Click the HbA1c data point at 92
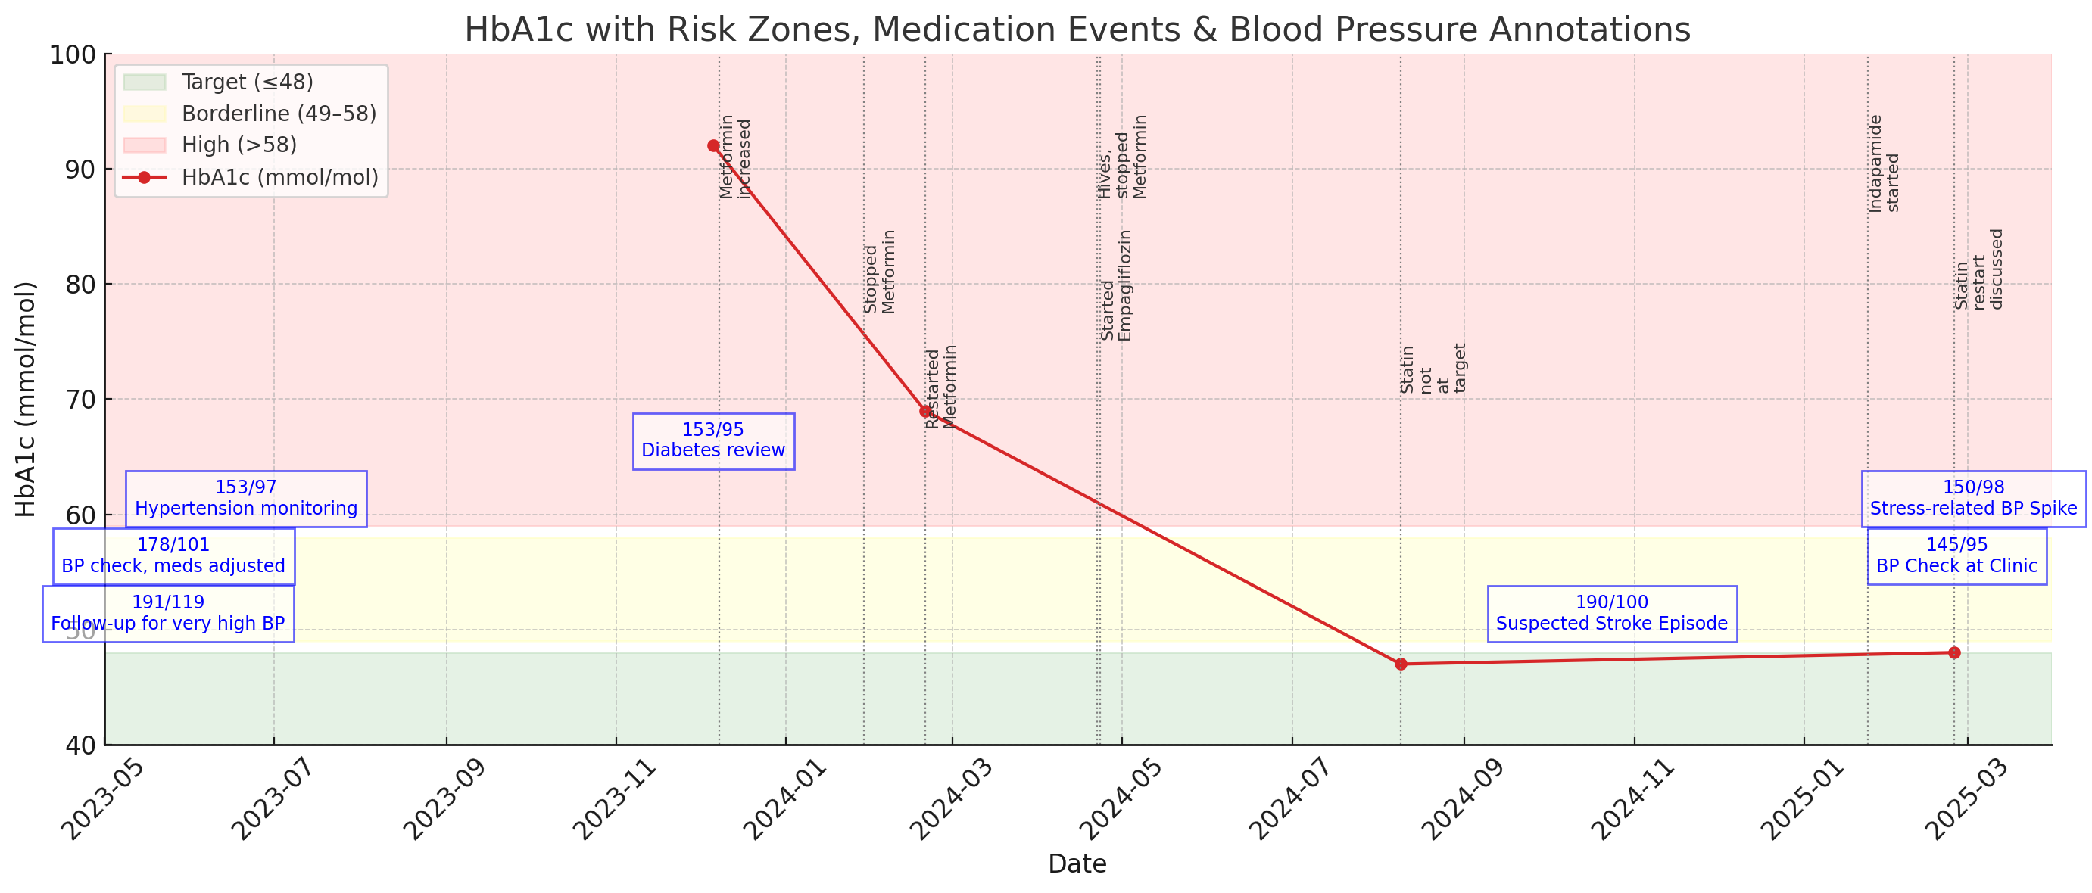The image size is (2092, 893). point(713,146)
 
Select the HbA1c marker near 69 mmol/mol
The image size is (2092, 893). point(925,412)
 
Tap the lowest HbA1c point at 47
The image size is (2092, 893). point(1401,664)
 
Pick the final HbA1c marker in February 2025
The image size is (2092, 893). point(1955,652)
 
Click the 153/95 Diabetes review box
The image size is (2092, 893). point(713,440)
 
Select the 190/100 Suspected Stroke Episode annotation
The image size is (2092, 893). point(1612,614)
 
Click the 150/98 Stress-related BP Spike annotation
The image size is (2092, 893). point(1973,499)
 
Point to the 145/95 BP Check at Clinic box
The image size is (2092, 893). point(1956,556)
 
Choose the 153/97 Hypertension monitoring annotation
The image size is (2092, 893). point(245,499)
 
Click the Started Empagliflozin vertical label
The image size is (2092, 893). point(1116,286)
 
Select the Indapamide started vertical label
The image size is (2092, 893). point(1883,164)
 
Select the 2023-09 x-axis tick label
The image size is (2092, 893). point(444,799)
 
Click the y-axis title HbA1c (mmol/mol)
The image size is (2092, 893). point(25,400)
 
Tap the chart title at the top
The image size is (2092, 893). point(1077,30)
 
